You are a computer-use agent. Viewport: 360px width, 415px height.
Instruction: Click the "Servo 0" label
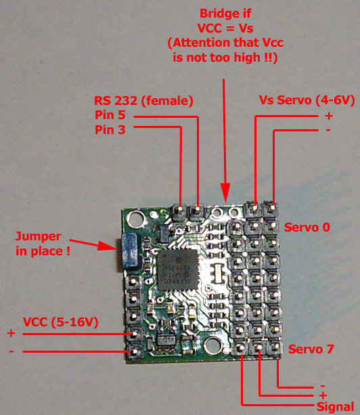307,227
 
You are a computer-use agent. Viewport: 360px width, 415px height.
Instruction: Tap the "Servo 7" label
311,349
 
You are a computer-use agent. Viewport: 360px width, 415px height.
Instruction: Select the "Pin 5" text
110,115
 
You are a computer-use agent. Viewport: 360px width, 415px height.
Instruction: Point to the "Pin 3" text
110,130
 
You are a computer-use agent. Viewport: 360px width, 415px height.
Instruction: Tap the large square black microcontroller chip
178,269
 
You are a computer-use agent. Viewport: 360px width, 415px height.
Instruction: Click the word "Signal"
335,407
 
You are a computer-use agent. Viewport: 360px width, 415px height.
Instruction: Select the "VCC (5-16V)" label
61,322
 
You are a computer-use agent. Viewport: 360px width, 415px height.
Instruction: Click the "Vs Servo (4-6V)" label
307,100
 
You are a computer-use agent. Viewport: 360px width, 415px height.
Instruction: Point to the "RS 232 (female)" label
143,101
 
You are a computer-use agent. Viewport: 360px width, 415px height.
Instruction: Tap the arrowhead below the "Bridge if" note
225,192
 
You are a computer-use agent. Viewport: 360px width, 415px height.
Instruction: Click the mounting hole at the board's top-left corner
135,219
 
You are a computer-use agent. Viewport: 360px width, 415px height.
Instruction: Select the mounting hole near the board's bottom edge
212,345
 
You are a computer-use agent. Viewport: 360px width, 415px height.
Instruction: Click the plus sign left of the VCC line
11,333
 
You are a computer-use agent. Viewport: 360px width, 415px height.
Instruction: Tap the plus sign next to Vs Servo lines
329,116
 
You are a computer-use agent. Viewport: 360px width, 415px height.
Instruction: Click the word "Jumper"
38,237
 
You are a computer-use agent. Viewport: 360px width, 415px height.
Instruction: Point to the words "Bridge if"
225,14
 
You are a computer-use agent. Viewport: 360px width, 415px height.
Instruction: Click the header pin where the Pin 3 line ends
180,209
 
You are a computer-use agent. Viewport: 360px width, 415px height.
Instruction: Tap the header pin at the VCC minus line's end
135,352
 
